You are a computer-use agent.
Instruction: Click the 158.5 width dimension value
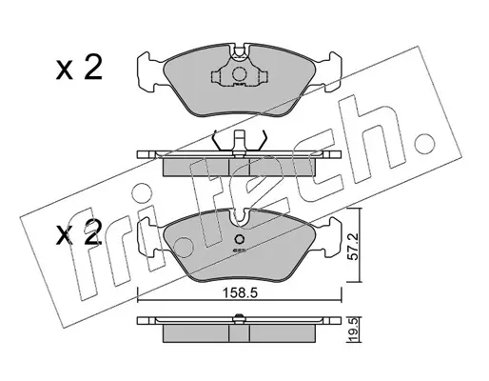coord(240,292)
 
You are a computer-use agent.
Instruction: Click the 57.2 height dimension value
coord(353,246)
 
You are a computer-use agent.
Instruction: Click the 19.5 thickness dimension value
coord(353,331)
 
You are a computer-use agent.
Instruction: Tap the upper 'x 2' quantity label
coord(79,68)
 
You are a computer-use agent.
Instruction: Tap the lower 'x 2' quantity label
coord(79,233)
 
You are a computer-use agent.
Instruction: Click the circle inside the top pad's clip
coord(239,74)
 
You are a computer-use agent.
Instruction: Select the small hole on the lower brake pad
coord(239,239)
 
